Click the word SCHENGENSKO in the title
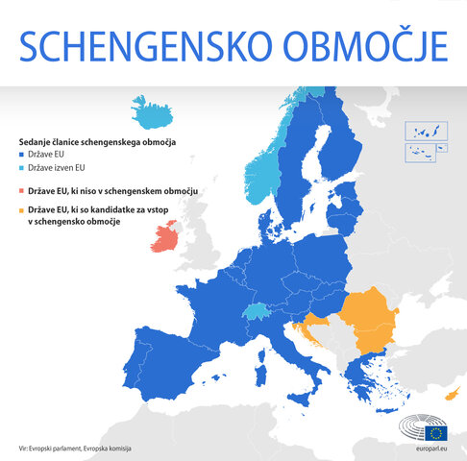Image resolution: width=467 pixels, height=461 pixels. click(x=143, y=45)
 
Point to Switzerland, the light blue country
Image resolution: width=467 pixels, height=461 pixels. click(x=258, y=312)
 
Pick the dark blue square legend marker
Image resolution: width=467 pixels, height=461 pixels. click(x=22, y=156)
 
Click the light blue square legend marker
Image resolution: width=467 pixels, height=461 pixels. click(x=22, y=169)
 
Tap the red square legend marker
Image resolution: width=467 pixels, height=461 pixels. click(x=22, y=191)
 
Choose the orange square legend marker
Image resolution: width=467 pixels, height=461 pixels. click(x=22, y=210)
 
